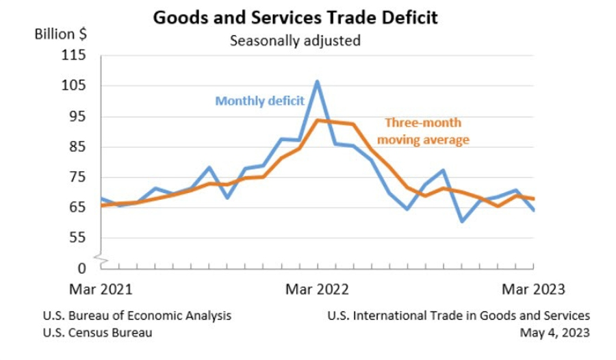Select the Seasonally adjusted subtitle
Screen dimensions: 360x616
click(x=295, y=40)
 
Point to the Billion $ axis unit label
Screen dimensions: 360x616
click(x=60, y=34)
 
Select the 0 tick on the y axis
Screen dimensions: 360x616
click(x=81, y=268)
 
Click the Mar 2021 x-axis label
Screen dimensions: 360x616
click(x=100, y=289)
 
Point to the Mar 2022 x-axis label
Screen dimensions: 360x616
click(x=318, y=289)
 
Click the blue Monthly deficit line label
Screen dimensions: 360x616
click(x=259, y=101)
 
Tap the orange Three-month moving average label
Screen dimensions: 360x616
click(x=423, y=131)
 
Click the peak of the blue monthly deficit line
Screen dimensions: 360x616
click(x=318, y=81)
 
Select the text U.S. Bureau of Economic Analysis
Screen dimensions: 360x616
click(x=137, y=316)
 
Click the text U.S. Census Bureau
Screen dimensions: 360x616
click(x=97, y=333)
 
